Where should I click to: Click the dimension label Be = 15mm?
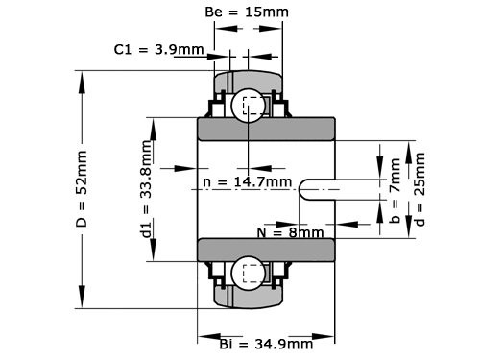(249, 13)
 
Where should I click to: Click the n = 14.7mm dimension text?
(248, 180)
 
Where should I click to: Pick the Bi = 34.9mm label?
(266, 344)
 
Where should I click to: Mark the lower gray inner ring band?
(266, 250)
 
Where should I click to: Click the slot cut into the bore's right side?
(317, 189)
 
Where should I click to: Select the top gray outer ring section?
(249, 80)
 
